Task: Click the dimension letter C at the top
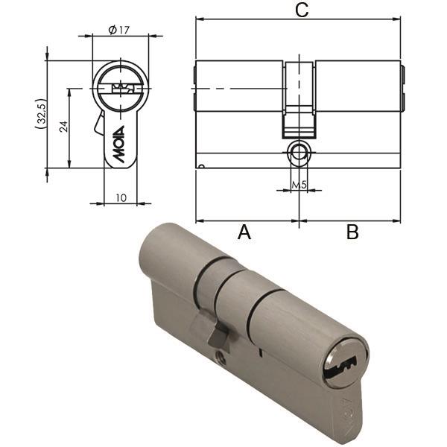[301, 10]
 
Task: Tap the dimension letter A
[244, 232]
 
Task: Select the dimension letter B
[352, 232]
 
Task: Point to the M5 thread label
[299, 184]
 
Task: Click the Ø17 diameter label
[120, 31]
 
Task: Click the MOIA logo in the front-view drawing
[118, 148]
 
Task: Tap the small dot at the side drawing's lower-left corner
[200, 165]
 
